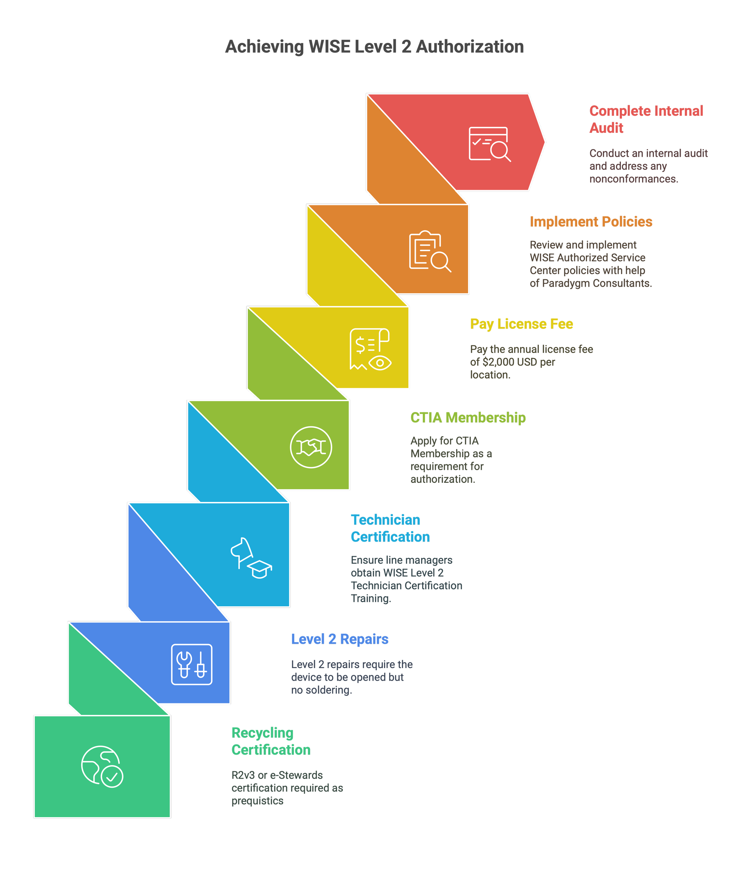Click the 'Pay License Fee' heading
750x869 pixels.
(x=521, y=324)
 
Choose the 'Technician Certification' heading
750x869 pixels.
(x=390, y=528)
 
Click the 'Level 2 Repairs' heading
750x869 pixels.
(x=340, y=639)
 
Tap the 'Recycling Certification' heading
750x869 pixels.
(x=271, y=742)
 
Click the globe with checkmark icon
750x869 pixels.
(x=102, y=766)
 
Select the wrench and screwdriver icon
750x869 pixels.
(x=191, y=664)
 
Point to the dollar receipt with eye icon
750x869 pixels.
(x=370, y=349)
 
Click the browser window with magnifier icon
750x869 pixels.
(x=489, y=144)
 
